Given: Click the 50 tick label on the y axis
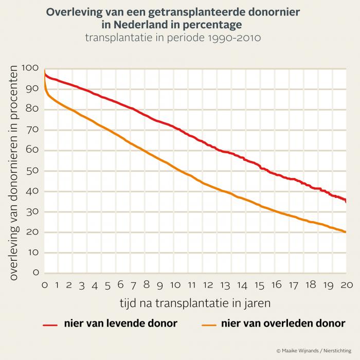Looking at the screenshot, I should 34,171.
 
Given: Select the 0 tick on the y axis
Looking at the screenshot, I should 37,273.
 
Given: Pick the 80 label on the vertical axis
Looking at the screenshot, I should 34,109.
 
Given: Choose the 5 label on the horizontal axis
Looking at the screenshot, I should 108,284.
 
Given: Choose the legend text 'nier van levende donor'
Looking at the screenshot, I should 120,323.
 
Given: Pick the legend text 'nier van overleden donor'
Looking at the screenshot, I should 283,323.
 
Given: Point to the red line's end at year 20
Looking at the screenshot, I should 346,202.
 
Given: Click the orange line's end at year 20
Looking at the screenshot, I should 346,232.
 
